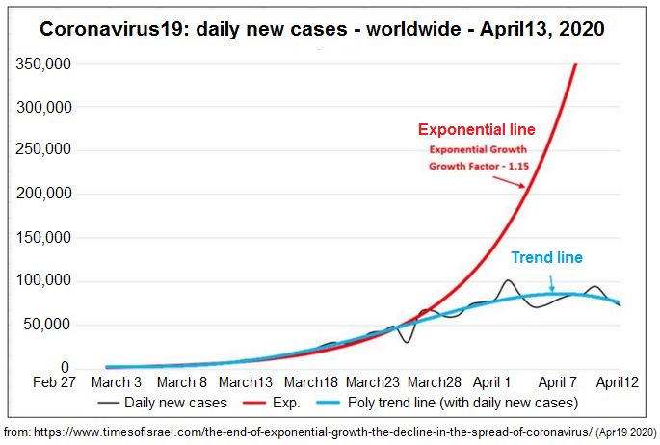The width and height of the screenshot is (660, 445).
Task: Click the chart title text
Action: (x=322, y=29)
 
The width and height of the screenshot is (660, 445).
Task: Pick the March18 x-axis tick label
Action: (x=310, y=383)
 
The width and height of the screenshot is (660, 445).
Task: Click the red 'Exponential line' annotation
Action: (x=476, y=129)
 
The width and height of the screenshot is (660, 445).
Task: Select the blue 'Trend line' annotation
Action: (x=546, y=257)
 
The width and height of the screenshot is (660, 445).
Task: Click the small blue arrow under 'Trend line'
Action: (x=551, y=282)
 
